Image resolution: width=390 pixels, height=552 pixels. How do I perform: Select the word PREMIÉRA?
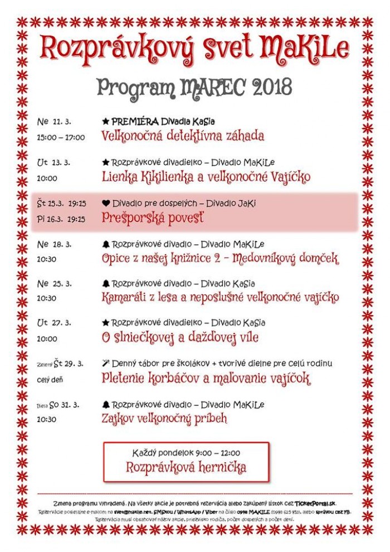point(135,121)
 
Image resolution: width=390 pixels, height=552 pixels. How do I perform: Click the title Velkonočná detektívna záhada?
point(183,136)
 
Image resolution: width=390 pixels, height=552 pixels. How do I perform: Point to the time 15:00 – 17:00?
point(61,137)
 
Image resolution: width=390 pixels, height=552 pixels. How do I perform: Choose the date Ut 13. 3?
point(53,163)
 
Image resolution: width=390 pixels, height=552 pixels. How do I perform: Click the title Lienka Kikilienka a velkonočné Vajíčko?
point(206,177)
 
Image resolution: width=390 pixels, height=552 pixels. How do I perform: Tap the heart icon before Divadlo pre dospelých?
point(106,204)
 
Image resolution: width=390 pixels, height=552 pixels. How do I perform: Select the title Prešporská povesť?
point(153,218)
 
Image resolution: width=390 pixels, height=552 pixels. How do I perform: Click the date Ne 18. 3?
point(54,244)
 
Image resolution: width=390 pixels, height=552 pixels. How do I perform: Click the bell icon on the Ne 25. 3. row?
point(106,284)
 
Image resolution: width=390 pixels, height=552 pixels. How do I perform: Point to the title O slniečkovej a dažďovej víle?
point(180,338)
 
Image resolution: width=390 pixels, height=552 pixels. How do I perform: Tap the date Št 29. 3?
point(69,364)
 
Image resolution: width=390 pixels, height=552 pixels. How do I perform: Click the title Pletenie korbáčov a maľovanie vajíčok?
point(206,379)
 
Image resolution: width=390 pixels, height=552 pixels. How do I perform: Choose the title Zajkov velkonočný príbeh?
point(164,419)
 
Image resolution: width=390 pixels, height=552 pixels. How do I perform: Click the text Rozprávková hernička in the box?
point(186,467)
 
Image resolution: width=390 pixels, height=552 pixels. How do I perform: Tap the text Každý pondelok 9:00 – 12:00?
point(186,453)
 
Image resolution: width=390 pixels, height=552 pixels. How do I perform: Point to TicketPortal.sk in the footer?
point(315,503)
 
